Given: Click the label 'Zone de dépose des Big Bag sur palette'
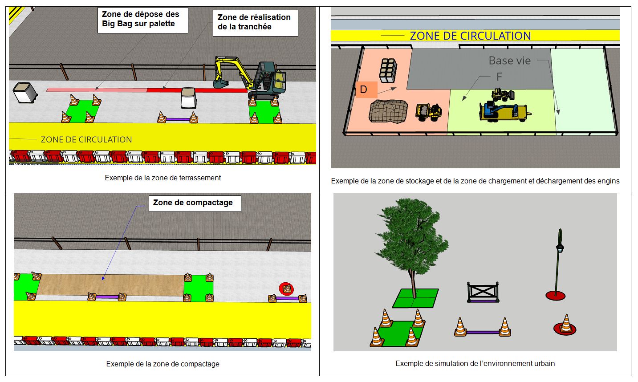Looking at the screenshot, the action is tap(143, 20).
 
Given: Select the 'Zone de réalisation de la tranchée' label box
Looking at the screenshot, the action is tap(256, 23).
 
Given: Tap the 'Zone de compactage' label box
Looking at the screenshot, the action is tap(195, 203).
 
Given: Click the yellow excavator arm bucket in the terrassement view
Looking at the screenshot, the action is tap(221, 83).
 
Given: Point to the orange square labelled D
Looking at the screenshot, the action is tap(366, 90).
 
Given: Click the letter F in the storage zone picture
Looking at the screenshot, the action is tap(499, 77).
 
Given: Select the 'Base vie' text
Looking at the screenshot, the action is tap(509, 61).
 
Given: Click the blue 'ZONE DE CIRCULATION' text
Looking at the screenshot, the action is tap(470, 36).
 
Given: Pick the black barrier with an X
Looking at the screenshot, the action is tap(483, 292).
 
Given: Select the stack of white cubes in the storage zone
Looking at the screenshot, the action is tap(388, 70).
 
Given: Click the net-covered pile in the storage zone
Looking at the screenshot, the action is tap(388, 111).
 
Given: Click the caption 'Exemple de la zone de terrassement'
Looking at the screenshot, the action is tap(163, 178).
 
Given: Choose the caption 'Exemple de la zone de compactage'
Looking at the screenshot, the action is tap(163, 364).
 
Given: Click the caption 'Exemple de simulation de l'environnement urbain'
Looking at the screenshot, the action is tap(475, 364).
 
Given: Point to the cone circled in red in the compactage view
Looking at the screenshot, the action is tap(287, 289).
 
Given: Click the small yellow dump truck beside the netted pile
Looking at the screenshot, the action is tap(429, 112).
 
